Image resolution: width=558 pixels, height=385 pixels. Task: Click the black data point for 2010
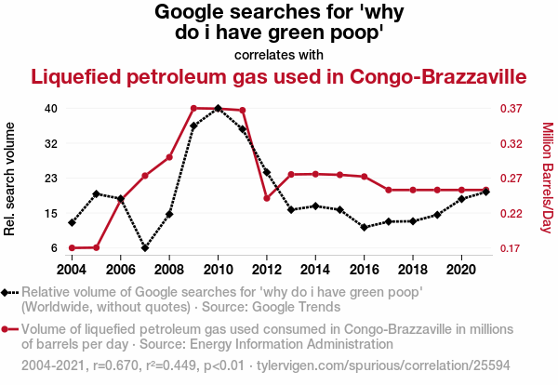(218, 108)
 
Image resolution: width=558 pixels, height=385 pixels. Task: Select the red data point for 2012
(267, 198)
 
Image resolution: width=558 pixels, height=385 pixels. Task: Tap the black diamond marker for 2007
(145, 248)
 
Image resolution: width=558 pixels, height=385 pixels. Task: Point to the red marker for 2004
(72, 248)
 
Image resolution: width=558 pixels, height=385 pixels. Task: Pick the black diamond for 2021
(486, 192)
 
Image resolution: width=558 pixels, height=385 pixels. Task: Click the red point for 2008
(169, 157)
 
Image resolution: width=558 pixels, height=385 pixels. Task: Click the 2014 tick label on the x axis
(315, 269)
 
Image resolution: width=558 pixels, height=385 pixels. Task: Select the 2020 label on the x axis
(461, 269)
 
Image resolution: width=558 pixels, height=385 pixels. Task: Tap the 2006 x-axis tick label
(121, 269)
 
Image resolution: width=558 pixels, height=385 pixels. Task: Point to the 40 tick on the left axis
(51, 108)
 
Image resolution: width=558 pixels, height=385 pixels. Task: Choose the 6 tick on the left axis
(55, 248)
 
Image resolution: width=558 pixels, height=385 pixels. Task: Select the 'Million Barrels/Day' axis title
(547, 178)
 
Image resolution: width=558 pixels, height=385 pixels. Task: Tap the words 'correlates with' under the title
(279, 54)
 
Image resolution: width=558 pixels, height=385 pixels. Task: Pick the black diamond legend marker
(8, 293)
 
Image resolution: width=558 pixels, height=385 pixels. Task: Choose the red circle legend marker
(8, 328)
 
